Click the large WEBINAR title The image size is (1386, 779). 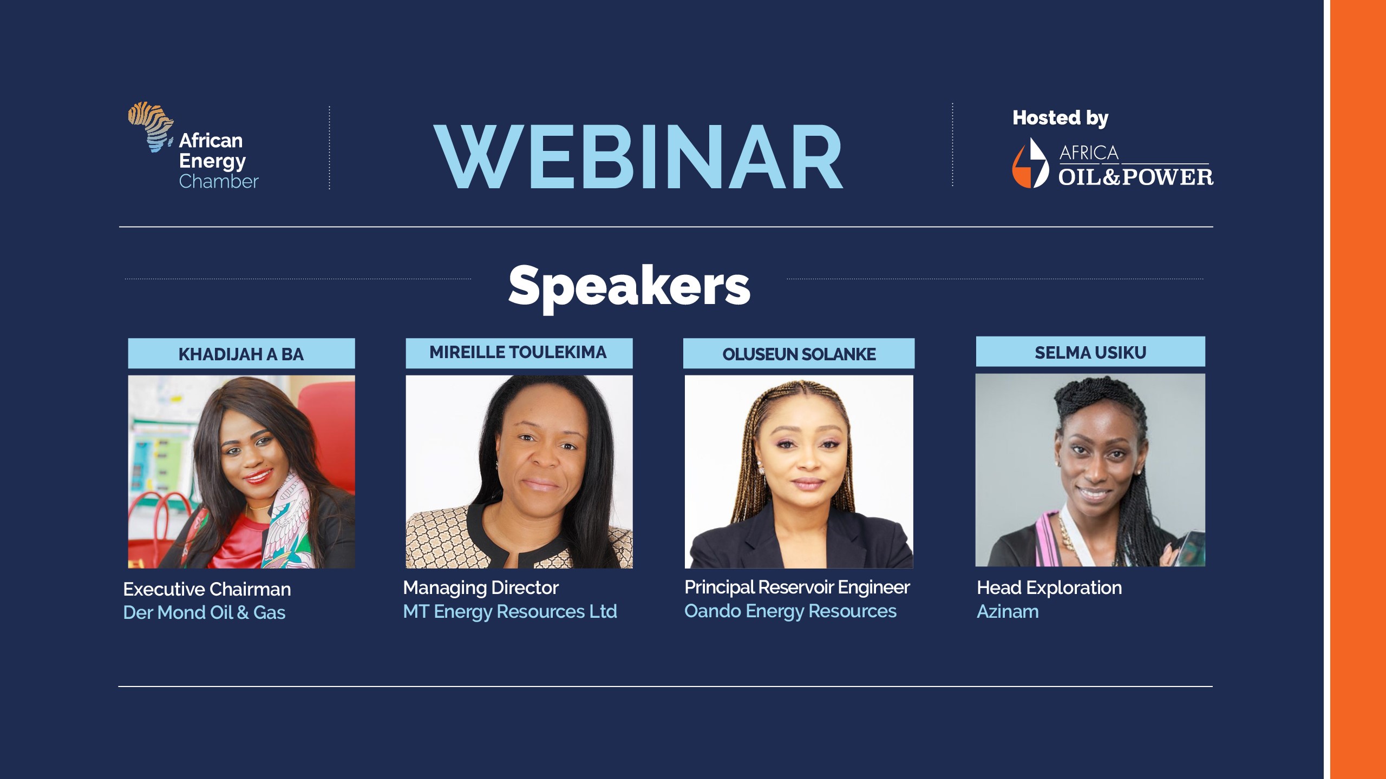pos(638,157)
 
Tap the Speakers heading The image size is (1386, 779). pos(629,286)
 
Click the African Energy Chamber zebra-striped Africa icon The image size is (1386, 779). pos(151,127)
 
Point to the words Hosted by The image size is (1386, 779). pos(1061,118)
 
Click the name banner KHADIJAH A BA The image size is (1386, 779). pos(241,354)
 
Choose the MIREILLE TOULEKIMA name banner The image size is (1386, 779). pos(519,353)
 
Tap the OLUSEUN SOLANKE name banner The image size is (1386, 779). pos(799,353)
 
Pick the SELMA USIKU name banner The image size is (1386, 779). pos(1090,352)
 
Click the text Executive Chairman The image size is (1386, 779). pos(207,589)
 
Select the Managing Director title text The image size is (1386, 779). pos(481,588)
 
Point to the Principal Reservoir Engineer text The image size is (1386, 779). pos(797,587)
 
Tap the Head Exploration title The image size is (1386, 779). pos(1049,588)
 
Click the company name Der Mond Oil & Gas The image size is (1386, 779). pos(204,612)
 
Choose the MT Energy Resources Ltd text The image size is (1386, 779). pos(510,611)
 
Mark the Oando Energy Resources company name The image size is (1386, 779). pos(790,611)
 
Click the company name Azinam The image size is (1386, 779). pos(1008,612)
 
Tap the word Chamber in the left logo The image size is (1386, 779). pos(219,181)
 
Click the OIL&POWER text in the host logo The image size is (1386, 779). pos(1136,177)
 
